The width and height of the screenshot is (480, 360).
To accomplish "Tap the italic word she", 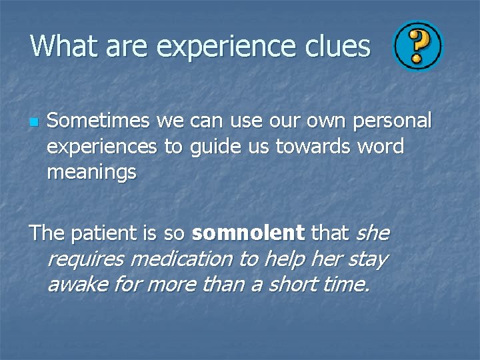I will (373, 233).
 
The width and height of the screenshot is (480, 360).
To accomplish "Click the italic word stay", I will (367, 259).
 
